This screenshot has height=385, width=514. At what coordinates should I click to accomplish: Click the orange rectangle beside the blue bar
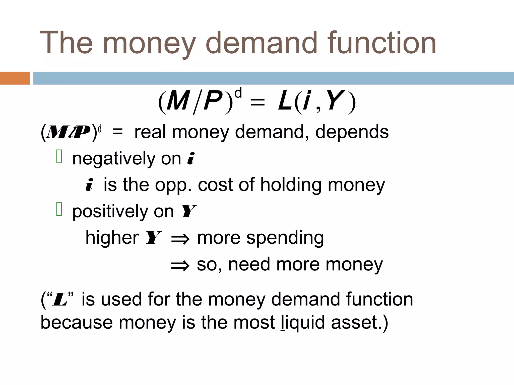[15, 78]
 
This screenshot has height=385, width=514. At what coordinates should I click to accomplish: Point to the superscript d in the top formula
[238, 93]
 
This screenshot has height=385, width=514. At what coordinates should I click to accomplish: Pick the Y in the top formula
[335, 101]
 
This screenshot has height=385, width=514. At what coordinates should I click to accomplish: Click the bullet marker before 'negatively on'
[59, 157]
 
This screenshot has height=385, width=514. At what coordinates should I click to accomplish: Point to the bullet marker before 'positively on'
[59, 209]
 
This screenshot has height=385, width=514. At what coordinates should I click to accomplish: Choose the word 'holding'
[291, 185]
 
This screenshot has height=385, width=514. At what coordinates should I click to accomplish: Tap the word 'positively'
[110, 212]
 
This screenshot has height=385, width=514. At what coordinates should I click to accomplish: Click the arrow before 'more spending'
[180, 239]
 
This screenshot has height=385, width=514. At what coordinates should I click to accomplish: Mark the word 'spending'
[285, 238]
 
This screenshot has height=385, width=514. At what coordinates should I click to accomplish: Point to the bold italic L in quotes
[60, 300]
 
